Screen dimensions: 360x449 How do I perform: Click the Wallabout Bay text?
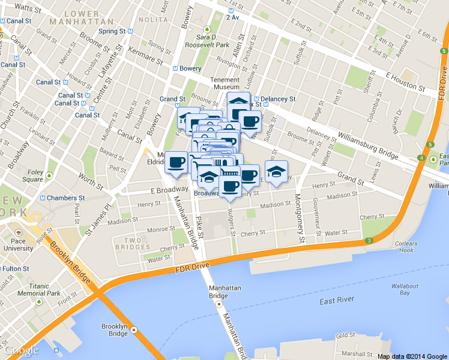coord(405,289)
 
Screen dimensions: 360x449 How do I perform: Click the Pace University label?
coord(22,244)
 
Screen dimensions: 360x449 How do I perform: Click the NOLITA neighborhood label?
coord(152,20)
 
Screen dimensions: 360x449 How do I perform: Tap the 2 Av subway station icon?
coord(229,9)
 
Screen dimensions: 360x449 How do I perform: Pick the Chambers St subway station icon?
coord(43,198)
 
